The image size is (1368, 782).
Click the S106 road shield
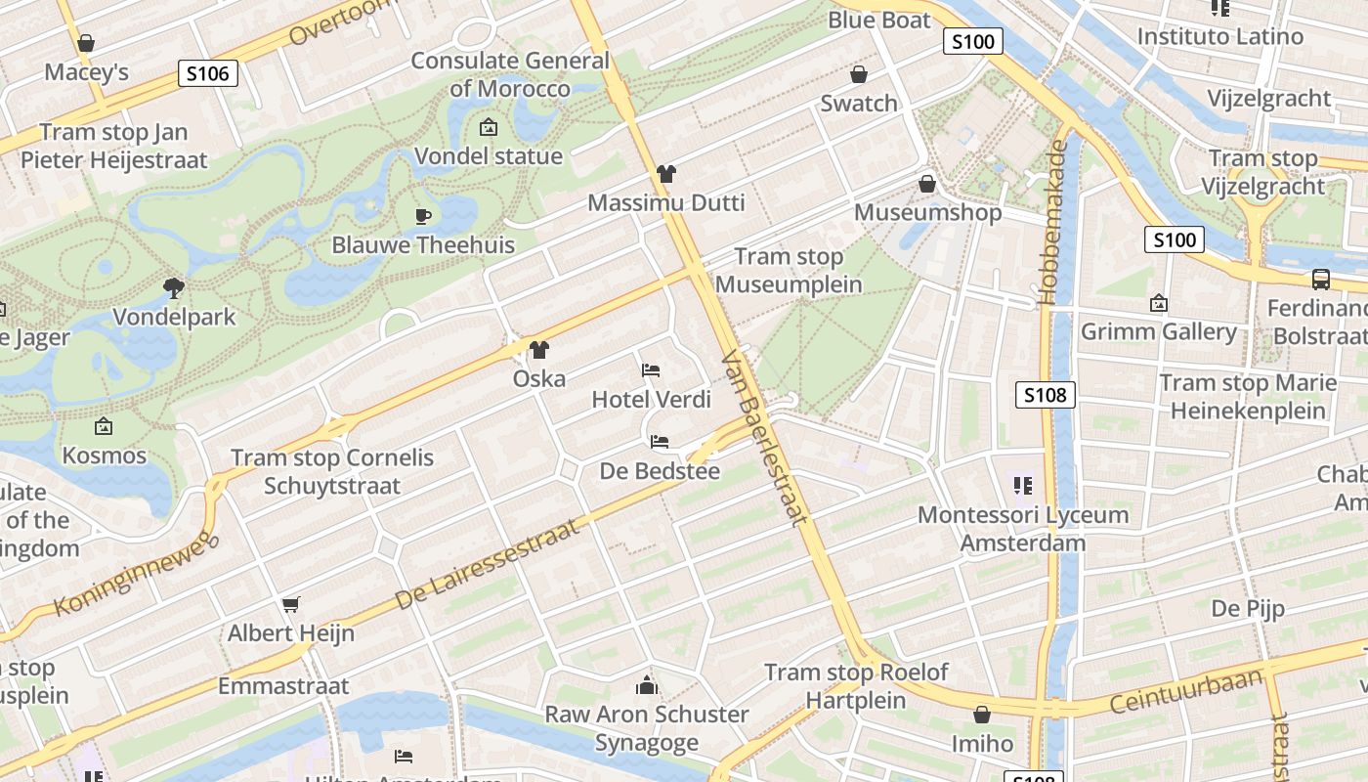click(x=208, y=72)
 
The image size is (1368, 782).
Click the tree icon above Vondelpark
click(x=174, y=287)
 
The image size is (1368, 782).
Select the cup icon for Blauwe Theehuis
click(x=423, y=215)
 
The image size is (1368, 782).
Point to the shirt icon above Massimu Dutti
click(x=665, y=174)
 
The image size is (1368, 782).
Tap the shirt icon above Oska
click(x=538, y=349)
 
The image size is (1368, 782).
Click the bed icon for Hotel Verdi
click(x=651, y=369)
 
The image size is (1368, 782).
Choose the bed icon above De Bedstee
click(x=660, y=442)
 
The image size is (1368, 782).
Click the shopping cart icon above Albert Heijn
click(x=290, y=604)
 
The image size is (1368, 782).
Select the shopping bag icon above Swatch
click(x=859, y=74)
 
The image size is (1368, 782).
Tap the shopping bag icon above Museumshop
click(x=927, y=183)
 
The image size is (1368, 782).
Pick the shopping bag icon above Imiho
click(x=982, y=715)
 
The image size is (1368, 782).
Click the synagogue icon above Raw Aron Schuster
click(x=646, y=684)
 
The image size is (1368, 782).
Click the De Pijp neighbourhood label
click(x=1248, y=608)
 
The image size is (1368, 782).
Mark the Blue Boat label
click(x=879, y=20)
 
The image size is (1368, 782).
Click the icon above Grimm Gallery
click(x=1159, y=303)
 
